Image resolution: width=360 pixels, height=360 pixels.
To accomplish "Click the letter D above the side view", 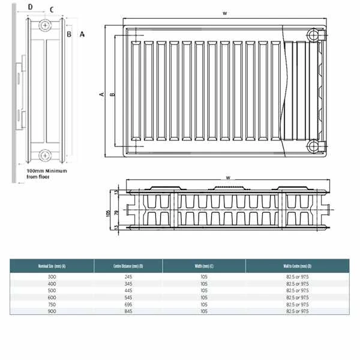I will (31, 8).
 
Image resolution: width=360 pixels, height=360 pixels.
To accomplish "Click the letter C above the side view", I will (52, 9).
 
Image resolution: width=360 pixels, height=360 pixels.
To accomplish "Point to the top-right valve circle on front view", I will (313, 35).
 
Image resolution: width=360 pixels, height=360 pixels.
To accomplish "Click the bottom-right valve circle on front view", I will (313, 146).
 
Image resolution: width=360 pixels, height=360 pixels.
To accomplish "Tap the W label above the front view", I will (224, 12).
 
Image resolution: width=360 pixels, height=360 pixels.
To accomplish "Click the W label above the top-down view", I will (228, 177).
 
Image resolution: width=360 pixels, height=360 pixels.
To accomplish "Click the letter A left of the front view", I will (102, 94).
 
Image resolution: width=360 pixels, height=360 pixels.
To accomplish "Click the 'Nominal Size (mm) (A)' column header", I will (52, 266).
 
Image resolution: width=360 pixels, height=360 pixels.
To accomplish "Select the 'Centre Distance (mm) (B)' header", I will (128, 266).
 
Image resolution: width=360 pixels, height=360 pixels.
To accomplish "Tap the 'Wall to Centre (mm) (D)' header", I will (296, 266).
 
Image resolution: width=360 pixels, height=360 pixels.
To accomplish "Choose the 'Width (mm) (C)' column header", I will (203, 266).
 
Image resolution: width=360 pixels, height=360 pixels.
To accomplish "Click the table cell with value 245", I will (128, 276).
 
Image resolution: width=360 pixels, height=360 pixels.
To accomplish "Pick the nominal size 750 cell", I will (52, 304).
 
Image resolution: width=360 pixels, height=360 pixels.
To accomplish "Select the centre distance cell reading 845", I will (128, 311).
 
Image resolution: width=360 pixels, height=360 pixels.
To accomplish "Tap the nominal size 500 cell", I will (52, 290).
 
